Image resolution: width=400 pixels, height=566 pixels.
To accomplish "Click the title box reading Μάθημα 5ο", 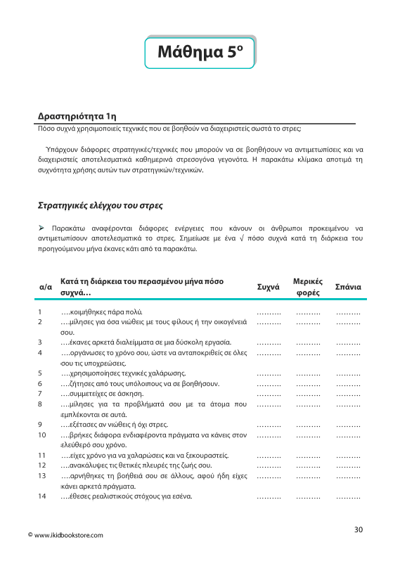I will (x=200, y=52).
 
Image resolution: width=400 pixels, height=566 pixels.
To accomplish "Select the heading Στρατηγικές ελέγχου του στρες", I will (x=99, y=206).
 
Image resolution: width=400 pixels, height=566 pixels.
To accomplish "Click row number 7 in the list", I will (x=40, y=394).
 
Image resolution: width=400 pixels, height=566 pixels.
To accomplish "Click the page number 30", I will (x=359, y=529).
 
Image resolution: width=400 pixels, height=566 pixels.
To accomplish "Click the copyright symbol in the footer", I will (x=29, y=536).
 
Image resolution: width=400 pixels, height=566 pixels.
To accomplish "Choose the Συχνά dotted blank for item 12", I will (x=269, y=466).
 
